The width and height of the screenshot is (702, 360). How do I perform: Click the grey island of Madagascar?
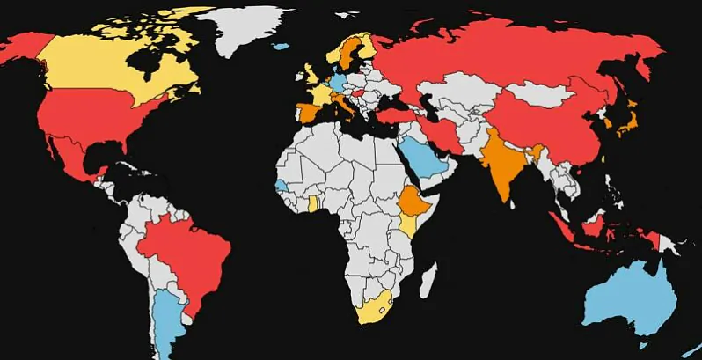(x=428, y=281)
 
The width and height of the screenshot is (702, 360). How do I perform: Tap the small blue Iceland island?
(x=282, y=47)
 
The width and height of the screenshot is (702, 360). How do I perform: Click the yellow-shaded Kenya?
(x=408, y=224)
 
